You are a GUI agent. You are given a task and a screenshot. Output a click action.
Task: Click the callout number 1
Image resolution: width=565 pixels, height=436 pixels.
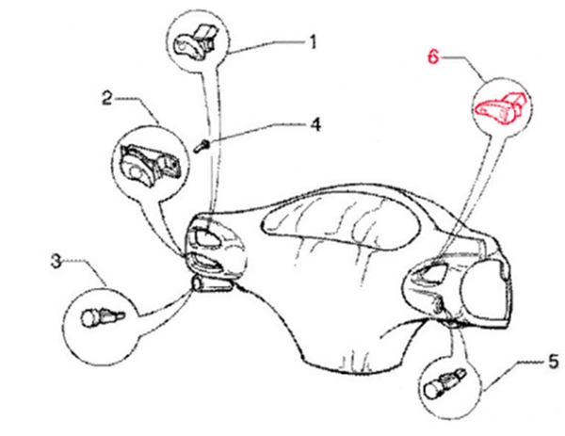[x=314, y=41]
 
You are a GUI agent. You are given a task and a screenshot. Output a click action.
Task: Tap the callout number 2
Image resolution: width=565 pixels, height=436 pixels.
[x=107, y=98]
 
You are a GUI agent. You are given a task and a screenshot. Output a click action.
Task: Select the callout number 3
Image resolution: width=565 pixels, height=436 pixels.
[x=56, y=261]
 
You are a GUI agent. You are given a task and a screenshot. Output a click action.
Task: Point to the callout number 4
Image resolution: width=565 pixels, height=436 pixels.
[x=315, y=124]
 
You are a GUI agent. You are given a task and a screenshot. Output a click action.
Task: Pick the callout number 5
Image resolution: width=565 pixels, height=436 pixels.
[x=554, y=362]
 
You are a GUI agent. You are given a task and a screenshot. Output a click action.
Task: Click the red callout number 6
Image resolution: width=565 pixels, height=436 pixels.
[x=434, y=57]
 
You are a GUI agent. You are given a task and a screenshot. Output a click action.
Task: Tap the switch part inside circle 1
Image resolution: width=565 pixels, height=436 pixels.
[x=195, y=40]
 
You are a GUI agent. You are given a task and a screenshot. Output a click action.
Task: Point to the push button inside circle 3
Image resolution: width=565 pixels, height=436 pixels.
[x=103, y=317]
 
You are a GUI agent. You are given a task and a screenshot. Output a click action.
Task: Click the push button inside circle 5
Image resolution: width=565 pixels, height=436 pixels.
[x=445, y=383]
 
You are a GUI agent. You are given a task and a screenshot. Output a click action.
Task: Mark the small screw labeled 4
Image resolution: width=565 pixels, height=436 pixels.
[x=202, y=146]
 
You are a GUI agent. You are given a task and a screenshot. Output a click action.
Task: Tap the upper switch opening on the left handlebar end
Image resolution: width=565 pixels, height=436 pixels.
[x=206, y=237]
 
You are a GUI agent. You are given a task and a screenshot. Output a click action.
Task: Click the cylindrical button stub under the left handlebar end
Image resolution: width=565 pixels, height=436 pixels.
[x=212, y=284]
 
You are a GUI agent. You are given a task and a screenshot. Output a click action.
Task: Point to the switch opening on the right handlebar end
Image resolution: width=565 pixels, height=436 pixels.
[x=431, y=271]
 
